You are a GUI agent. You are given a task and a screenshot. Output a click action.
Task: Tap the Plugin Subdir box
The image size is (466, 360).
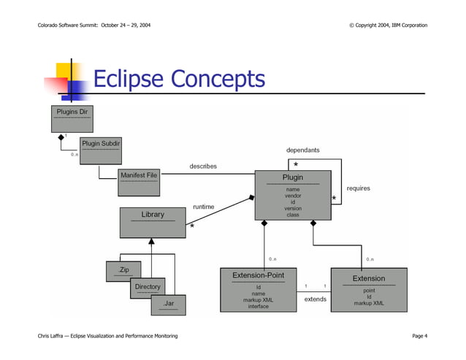[x=101, y=148]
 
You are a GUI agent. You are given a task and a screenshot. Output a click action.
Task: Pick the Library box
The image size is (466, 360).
[x=153, y=222]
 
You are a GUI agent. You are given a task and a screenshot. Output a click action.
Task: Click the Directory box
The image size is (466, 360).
[x=148, y=288]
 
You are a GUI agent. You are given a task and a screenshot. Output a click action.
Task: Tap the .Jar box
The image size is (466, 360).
[x=168, y=304]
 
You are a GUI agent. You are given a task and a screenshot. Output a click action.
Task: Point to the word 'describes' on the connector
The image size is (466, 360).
[x=203, y=166]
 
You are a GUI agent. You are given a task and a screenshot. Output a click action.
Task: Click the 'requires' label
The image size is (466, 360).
[x=358, y=188]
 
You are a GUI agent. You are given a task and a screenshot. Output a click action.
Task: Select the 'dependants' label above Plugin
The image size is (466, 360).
[x=302, y=150]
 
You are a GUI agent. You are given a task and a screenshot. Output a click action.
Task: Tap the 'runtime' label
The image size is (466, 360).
[x=203, y=207]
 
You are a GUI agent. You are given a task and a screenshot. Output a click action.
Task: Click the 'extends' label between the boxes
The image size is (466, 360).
[x=315, y=299]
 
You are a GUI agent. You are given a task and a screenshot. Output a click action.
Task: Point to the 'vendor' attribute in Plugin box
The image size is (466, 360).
[x=293, y=196]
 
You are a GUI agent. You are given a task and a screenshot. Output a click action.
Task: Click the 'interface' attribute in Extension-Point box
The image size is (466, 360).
[x=258, y=307]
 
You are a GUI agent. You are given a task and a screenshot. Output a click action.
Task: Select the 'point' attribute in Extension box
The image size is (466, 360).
[x=369, y=290]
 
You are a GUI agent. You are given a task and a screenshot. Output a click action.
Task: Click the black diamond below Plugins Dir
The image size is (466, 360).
[x=61, y=137]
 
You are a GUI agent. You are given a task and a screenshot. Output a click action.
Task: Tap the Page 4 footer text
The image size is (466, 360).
[x=419, y=335]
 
